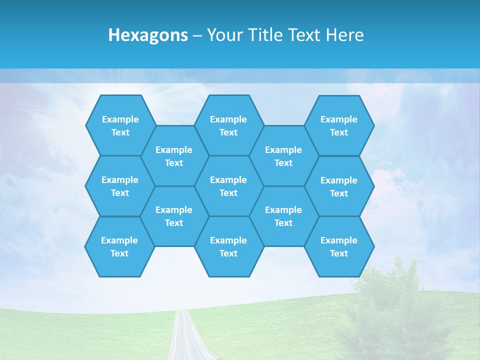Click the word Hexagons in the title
tap(148, 35)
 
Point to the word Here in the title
tap(344, 35)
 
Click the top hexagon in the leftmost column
tap(120, 125)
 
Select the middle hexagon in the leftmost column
tap(120, 186)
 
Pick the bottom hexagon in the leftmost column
tap(119, 246)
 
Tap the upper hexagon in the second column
tap(174, 156)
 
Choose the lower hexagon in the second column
tap(174, 216)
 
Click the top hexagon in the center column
tap(228, 125)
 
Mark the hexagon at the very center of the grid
tap(228, 186)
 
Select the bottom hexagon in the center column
tap(228, 246)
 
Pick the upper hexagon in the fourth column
tap(283, 156)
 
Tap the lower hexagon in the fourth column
tap(283, 216)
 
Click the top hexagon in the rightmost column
tap(339, 125)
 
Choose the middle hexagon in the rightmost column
tap(339, 186)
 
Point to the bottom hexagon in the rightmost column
tap(339, 246)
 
